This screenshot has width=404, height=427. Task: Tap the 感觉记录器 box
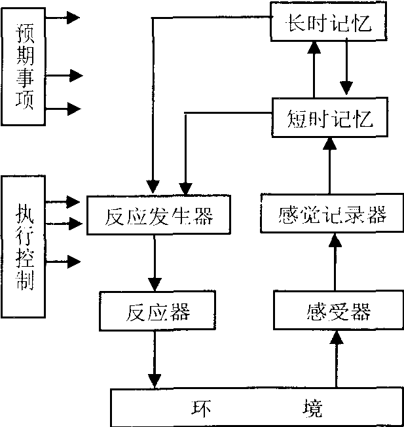[x=331, y=213]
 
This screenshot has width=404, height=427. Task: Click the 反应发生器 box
[x=159, y=215]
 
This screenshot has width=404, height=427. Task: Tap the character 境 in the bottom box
[x=308, y=407]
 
